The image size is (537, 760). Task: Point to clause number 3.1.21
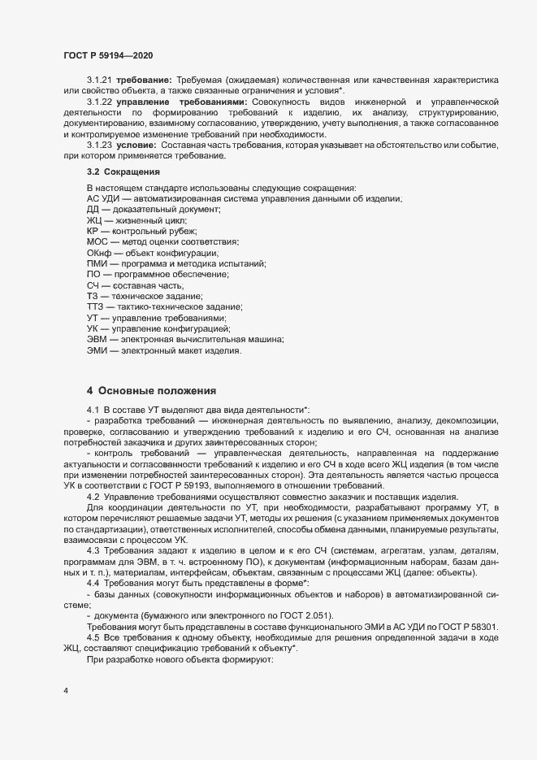click(x=102, y=85)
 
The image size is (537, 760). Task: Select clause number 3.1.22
click(x=102, y=104)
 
